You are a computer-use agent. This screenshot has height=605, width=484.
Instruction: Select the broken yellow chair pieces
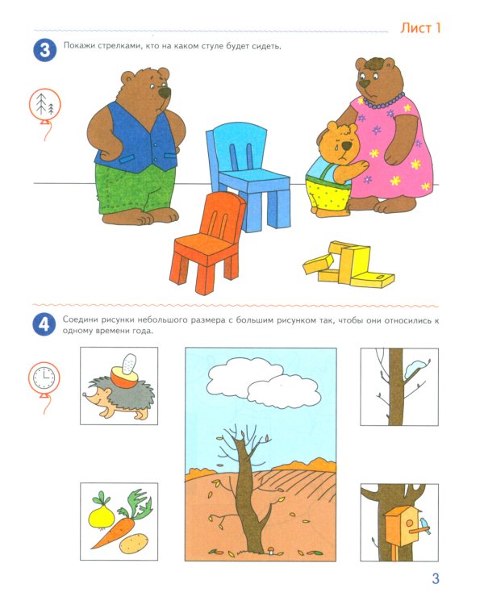point(348,265)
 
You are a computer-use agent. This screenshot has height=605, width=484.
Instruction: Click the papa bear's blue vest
point(135,139)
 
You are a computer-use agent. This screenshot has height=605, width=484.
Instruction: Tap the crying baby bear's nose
point(347,145)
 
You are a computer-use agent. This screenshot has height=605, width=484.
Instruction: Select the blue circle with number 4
point(44,324)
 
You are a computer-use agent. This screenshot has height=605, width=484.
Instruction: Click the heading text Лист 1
point(420,28)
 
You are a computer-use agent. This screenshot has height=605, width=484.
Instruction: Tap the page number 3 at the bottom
point(436,578)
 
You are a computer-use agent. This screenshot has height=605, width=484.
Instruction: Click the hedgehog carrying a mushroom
point(119,390)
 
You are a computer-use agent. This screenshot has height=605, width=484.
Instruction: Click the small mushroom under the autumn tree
point(271,550)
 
